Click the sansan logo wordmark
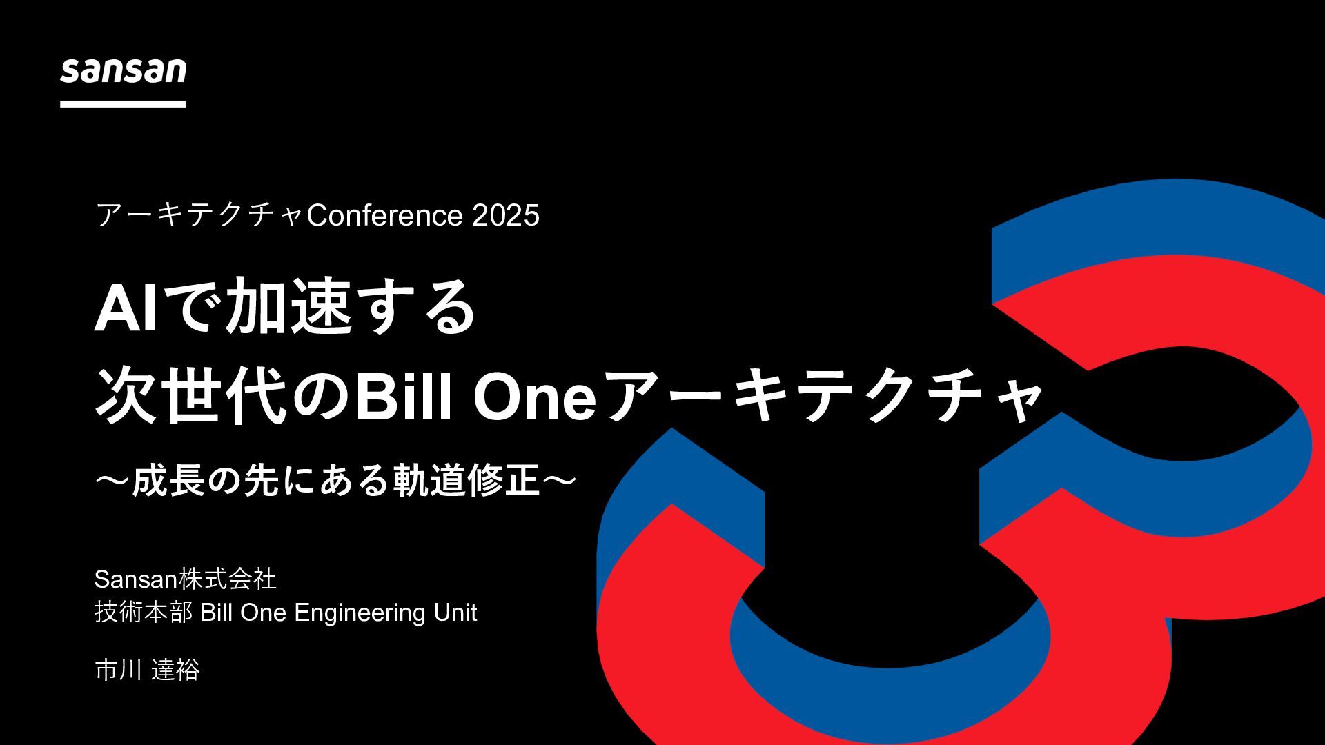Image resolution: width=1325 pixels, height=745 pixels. click(x=123, y=72)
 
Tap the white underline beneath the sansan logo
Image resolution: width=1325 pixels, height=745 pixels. click(x=123, y=104)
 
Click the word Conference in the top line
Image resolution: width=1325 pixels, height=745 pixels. click(x=384, y=215)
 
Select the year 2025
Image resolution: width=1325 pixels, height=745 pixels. click(x=505, y=215)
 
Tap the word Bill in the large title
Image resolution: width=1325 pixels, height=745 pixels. click(x=403, y=399)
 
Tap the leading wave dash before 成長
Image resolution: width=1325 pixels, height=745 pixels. click(x=112, y=481)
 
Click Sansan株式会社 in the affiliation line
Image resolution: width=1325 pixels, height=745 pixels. click(x=185, y=579)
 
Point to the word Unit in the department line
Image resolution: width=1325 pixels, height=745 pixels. click(x=455, y=613)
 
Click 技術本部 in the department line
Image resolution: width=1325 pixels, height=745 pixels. click(x=144, y=613)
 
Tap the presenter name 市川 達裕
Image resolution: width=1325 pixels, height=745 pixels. click(x=147, y=670)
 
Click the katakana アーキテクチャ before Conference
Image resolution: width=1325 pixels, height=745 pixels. click(x=200, y=215)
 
